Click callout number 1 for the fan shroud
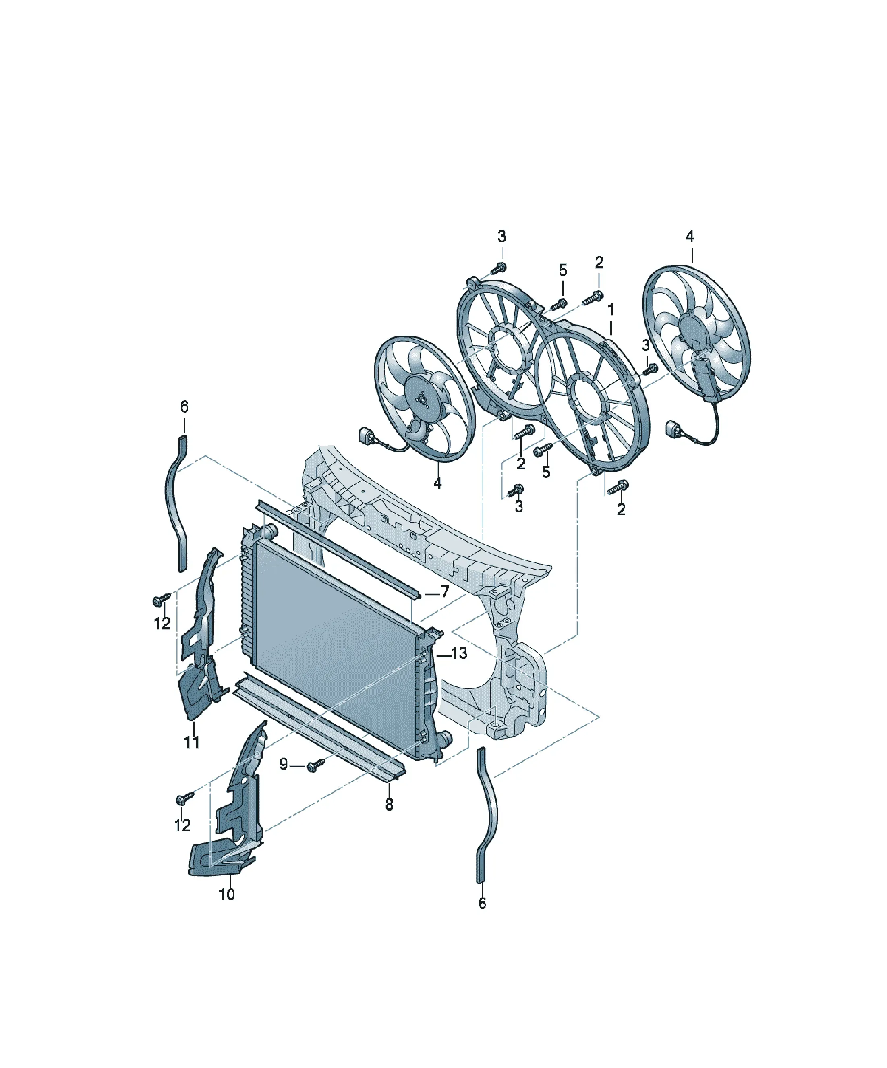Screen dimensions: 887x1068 click(611, 309)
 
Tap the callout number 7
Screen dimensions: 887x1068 click(445, 591)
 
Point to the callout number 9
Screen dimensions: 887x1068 click(283, 764)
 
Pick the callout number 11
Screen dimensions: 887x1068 click(192, 742)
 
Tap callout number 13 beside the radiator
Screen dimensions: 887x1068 click(459, 653)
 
